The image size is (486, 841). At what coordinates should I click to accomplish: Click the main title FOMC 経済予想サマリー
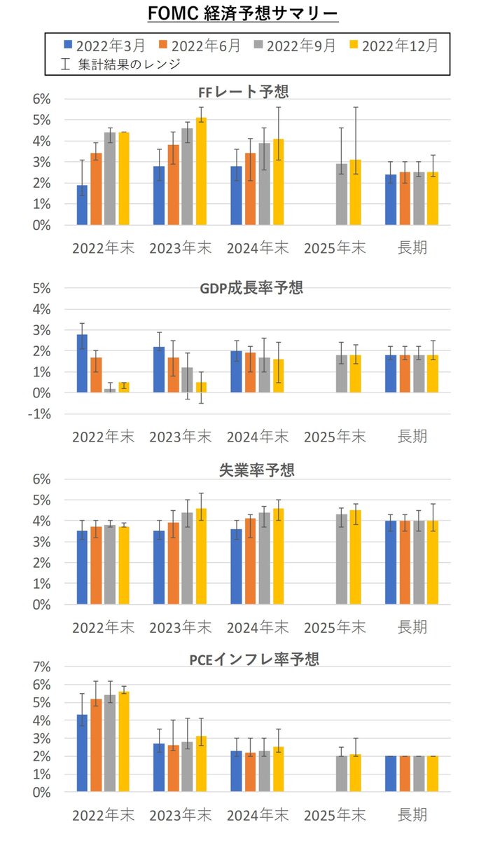tap(243, 13)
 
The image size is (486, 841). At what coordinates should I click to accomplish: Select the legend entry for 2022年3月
tap(104, 46)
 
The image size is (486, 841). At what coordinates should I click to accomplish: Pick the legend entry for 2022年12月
tap(396, 46)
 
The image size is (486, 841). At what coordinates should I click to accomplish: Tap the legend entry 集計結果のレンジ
tap(123, 64)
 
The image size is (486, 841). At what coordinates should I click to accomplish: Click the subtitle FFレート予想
tap(244, 91)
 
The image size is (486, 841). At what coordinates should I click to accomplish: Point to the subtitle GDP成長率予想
tap(244, 287)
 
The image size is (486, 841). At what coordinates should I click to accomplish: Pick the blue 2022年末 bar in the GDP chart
tap(82, 364)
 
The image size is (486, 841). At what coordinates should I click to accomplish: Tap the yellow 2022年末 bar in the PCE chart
tap(124, 742)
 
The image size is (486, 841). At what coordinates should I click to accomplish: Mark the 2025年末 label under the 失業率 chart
tap(335, 626)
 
